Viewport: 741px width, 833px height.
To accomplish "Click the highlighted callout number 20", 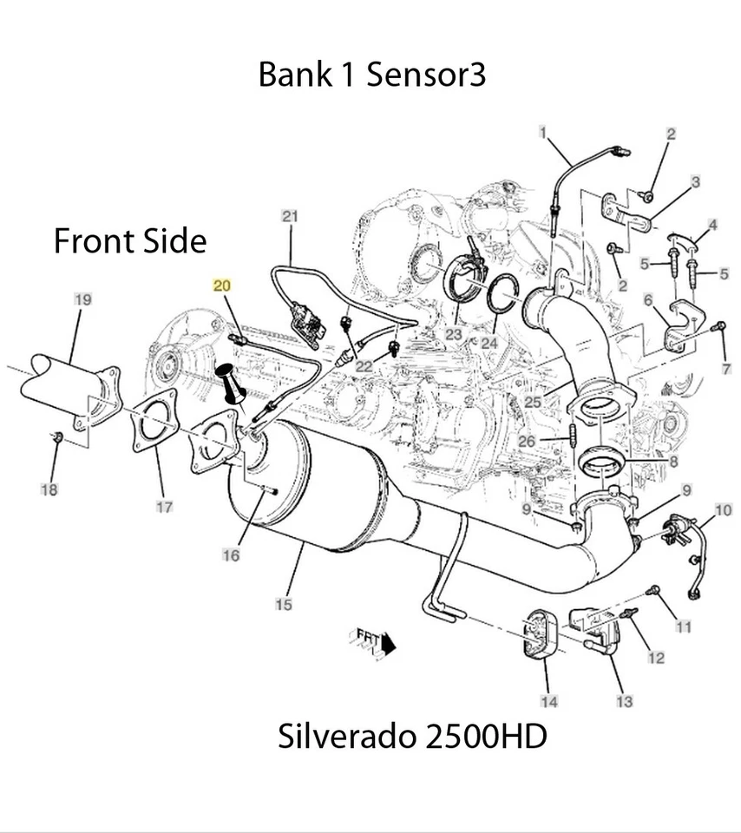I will tap(222, 285).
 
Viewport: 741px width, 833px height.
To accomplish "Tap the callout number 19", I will tap(82, 300).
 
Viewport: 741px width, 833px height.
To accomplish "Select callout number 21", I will tap(289, 215).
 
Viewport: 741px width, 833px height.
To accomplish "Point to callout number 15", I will tap(284, 604).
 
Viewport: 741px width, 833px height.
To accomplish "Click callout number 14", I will tap(549, 701).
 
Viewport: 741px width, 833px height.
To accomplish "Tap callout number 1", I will tap(542, 133).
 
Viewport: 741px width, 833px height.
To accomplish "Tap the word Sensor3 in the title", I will tap(425, 75).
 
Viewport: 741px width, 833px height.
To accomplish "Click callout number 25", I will tap(532, 403).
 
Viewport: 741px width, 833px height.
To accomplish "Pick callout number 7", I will tap(726, 369).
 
